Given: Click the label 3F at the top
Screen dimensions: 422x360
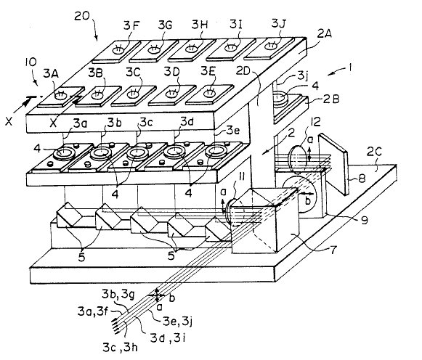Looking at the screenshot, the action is click(x=131, y=25).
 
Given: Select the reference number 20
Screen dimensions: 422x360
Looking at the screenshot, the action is click(x=81, y=16).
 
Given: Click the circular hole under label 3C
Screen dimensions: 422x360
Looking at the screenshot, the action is click(x=133, y=94).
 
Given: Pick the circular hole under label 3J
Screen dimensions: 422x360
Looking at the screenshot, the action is click(x=270, y=46).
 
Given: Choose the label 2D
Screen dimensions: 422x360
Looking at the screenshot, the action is click(x=243, y=71).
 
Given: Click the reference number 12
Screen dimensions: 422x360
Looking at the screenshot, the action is click(x=315, y=122).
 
